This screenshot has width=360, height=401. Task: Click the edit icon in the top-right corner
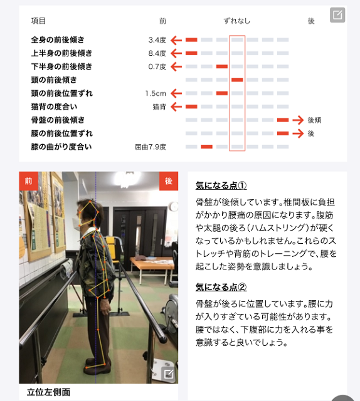(x=337, y=15)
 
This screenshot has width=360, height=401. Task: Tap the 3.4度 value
(x=157, y=40)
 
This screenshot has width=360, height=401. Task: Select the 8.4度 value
(x=157, y=53)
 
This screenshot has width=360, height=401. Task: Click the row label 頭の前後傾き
(x=54, y=80)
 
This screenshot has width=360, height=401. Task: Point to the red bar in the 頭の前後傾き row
(x=237, y=80)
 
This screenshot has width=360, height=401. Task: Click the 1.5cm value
(x=156, y=93)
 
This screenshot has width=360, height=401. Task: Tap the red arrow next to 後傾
(x=298, y=120)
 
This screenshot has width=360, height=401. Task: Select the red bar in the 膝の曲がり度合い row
(x=206, y=147)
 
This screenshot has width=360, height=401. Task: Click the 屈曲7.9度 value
(x=151, y=147)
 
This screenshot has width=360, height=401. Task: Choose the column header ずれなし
(x=237, y=21)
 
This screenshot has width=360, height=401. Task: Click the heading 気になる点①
(x=221, y=185)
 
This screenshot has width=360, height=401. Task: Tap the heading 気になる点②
(x=221, y=287)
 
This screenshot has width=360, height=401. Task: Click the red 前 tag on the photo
(x=28, y=181)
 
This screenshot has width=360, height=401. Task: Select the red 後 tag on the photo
(x=169, y=181)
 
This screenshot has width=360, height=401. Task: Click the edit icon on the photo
(x=169, y=374)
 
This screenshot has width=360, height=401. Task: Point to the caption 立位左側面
(x=48, y=392)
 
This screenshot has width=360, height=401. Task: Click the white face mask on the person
(x=77, y=224)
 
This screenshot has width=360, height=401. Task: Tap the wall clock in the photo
(x=174, y=207)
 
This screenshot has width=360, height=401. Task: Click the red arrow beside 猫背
(x=176, y=107)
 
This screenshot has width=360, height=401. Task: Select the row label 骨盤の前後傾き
(x=58, y=120)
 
